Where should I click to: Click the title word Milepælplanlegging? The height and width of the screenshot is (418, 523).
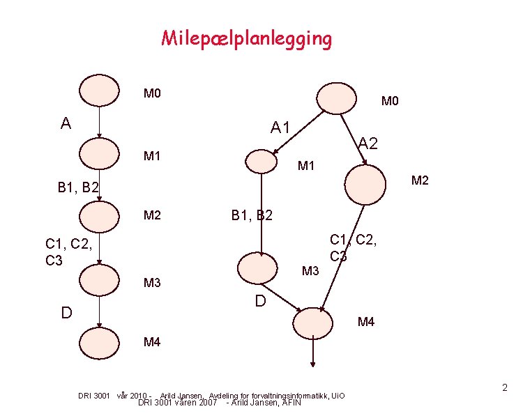pyautogui.click(x=247, y=38)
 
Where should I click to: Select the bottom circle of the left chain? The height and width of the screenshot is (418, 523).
pyautogui.click(x=99, y=342)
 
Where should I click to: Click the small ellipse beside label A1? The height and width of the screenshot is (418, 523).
pyautogui.click(x=262, y=162)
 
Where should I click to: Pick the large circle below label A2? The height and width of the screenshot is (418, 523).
pyautogui.click(x=365, y=183)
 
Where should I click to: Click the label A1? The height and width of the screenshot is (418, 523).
pyautogui.click(x=281, y=127)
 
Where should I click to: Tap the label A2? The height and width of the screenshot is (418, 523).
pyautogui.click(x=368, y=144)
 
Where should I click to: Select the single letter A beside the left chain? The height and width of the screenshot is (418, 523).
pyautogui.click(x=66, y=124)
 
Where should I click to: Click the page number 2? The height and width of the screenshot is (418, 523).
pyautogui.click(x=505, y=387)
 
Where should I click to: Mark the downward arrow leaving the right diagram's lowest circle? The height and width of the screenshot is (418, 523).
pyautogui.click(x=313, y=352)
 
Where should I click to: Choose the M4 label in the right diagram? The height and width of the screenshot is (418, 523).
pyautogui.click(x=366, y=322)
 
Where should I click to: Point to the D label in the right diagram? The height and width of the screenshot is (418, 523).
pyautogui.click(x=260, y=302)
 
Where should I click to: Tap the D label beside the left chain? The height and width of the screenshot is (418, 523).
pyautogui.click(x=66, y=311)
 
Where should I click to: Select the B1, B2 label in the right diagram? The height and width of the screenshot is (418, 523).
pyautogui.click(x=252, y=215)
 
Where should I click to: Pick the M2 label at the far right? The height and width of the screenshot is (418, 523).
pyautogui.click(x=420, y=181)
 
